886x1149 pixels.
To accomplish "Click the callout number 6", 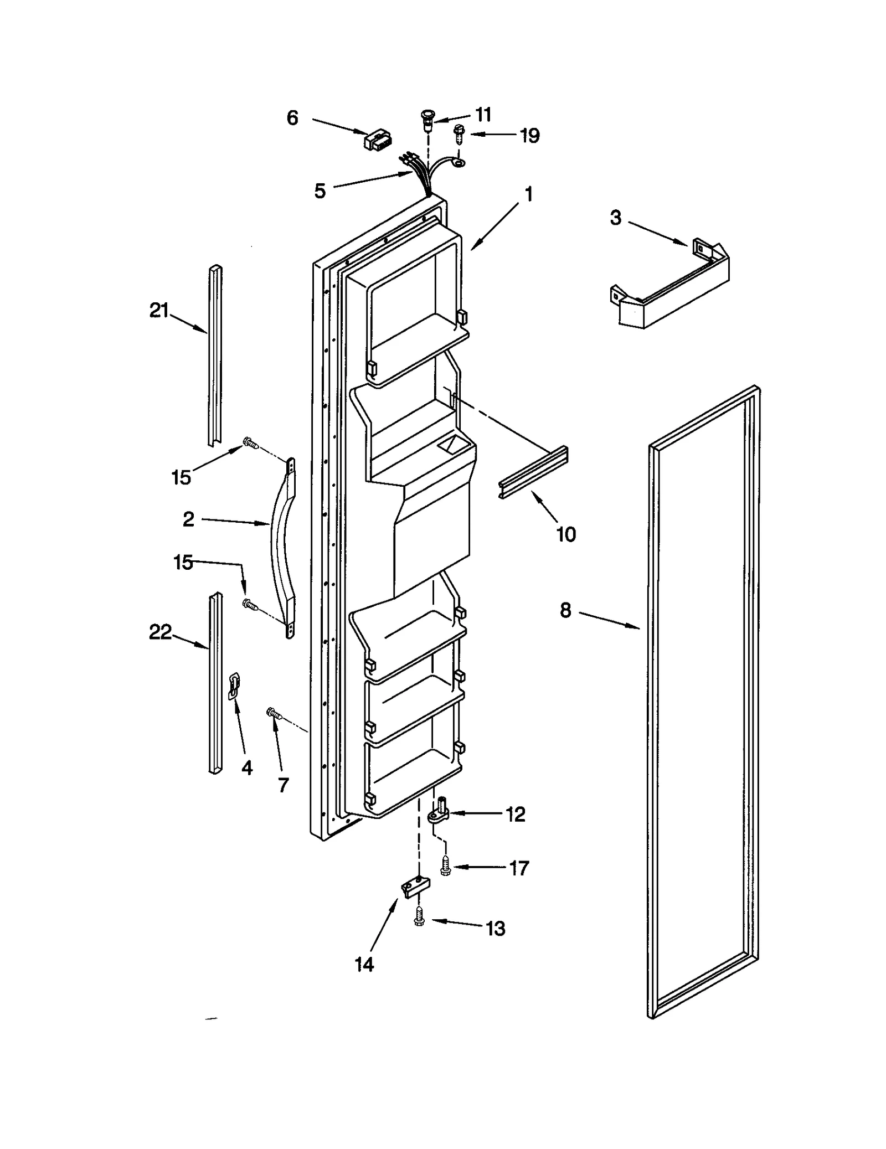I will coord(292,118).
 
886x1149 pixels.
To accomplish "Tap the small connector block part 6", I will coord(377,140).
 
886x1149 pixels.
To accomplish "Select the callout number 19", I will coord(530,136).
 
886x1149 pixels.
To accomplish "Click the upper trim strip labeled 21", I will coord(215,354).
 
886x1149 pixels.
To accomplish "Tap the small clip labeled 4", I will coord(234,686).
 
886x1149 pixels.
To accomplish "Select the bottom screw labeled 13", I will coord(420,920).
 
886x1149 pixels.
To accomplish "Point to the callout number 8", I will coord(565,610).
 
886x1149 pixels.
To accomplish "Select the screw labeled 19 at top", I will coord(459,133).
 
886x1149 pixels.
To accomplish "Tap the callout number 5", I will coord(320,191).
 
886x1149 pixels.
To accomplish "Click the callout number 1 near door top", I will coord(529,194).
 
